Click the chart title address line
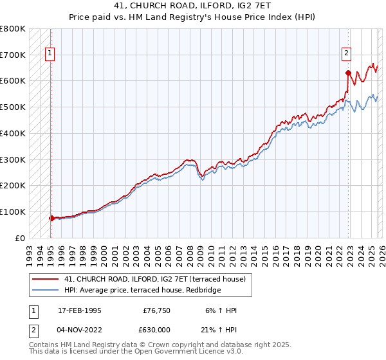(193, 7)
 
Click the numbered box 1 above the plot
(50, 54)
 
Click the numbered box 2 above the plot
(346, 54)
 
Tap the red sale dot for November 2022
(348, 73)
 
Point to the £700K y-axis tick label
(13, 55)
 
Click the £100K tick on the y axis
(13, 212)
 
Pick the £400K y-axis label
(13, 133)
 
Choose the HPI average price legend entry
(142, 291)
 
